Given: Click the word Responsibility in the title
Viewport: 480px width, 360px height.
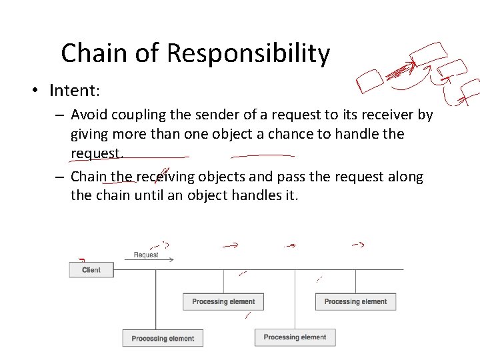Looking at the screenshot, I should pos(249,53).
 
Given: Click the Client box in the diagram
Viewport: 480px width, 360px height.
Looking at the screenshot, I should pos(91,270).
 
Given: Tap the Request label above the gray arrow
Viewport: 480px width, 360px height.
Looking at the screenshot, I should pos(146,255).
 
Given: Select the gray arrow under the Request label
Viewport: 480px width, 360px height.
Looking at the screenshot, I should pos(149,260).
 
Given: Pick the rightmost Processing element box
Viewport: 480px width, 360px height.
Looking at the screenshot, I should pos(355,301).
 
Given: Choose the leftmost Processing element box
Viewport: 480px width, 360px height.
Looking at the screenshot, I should pos(163,338).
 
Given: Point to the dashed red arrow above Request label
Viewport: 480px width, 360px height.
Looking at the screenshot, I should pos(160,245).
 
